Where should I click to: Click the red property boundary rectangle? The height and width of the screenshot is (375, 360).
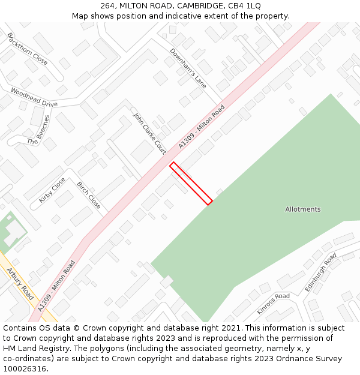click(x=191, y=184)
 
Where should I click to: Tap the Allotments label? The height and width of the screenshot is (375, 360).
click(x=302, y=209)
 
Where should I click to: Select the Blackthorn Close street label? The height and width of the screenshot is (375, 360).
click(x=28, y=49)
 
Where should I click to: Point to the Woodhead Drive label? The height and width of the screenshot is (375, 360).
click(x=34, y=97)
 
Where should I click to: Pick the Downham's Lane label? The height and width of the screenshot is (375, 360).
click(x=188, y=68)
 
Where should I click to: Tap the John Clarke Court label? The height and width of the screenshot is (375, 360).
click(x=149, y=133)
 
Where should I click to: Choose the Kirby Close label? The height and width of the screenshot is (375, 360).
click(x=52, y=190)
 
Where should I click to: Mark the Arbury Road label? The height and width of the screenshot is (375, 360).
click(x=20, y=284)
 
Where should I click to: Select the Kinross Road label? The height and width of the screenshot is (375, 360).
click(x=273, y=304)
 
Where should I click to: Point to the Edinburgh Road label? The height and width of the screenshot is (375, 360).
click(x=320, y=273)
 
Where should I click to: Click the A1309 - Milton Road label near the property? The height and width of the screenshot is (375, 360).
click(x=202, y=127)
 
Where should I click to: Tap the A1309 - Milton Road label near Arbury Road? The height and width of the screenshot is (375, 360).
click(x=56, y=285)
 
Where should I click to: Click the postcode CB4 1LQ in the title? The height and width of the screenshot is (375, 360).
click(x=246, y=5)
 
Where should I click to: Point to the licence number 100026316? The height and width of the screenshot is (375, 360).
click(x=25, y=369)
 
